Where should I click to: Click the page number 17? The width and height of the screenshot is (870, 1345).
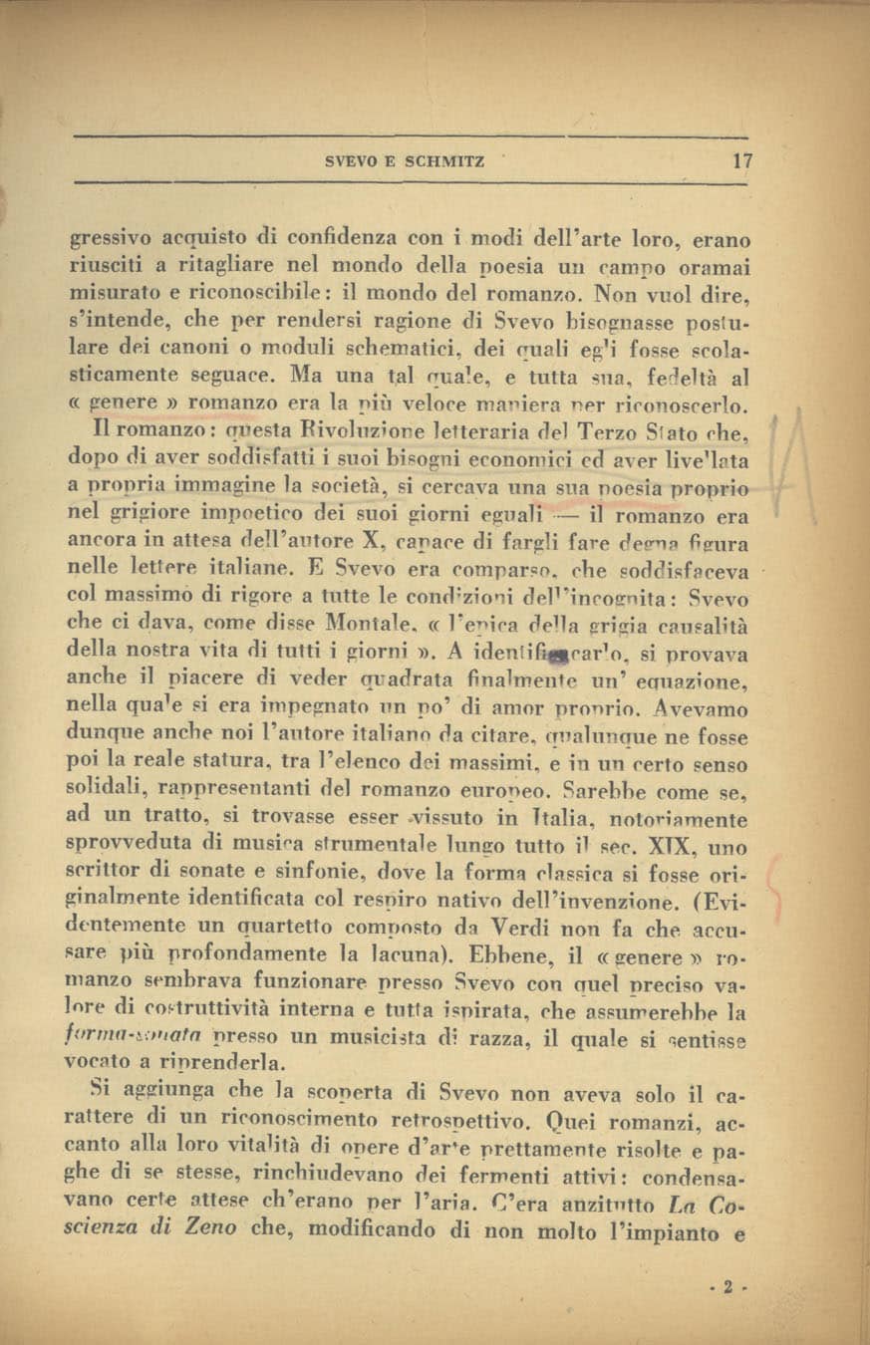(741, 160)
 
